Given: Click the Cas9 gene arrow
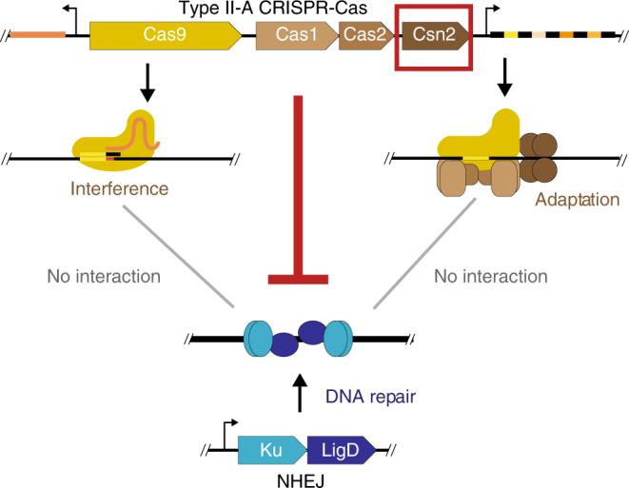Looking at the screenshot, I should (162, 36).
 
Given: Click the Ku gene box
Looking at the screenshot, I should (270, 447).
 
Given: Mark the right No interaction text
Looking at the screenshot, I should (491, 277).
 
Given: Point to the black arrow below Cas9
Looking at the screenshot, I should (145, 88).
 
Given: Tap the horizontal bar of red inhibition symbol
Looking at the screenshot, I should (298, 278).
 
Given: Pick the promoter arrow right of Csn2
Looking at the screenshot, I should (484, 26).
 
